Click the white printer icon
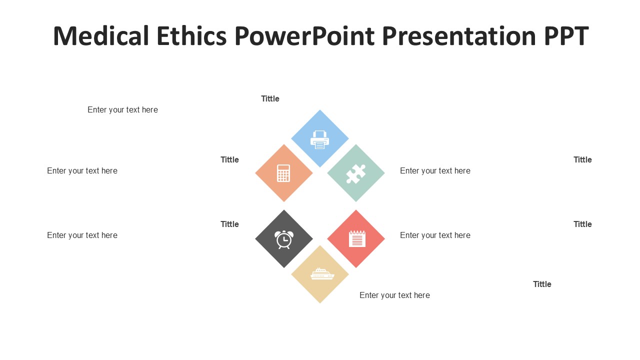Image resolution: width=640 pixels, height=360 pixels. [319, 139]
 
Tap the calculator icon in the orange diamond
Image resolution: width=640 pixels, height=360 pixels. [283, 173]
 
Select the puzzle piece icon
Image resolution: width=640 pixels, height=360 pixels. [355, 173]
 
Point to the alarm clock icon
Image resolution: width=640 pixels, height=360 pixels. [283, 239]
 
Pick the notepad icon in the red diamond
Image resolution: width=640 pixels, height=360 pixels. [357, 238]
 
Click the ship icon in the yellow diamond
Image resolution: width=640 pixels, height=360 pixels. [322, 273]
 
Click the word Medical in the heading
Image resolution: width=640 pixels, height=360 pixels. [101, 36]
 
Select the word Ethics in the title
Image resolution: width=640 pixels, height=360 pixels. [191, 36]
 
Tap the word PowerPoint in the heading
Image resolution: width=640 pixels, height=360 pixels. [304, 36]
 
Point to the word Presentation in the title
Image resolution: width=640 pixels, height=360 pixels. [459, 36]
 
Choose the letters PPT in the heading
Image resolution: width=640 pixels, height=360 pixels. [566, 36]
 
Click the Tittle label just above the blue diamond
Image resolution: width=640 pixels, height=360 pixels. [270, 98]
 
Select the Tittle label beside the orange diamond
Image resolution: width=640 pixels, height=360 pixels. [229, 159]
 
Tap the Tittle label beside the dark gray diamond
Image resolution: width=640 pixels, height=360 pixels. [229, 224]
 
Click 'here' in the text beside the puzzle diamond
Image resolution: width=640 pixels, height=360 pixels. [462, 171]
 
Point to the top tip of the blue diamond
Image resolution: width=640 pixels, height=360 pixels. [319, 109]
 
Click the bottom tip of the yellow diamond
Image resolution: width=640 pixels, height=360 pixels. [320, 303]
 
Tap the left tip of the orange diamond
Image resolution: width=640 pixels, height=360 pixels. [255, 173]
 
